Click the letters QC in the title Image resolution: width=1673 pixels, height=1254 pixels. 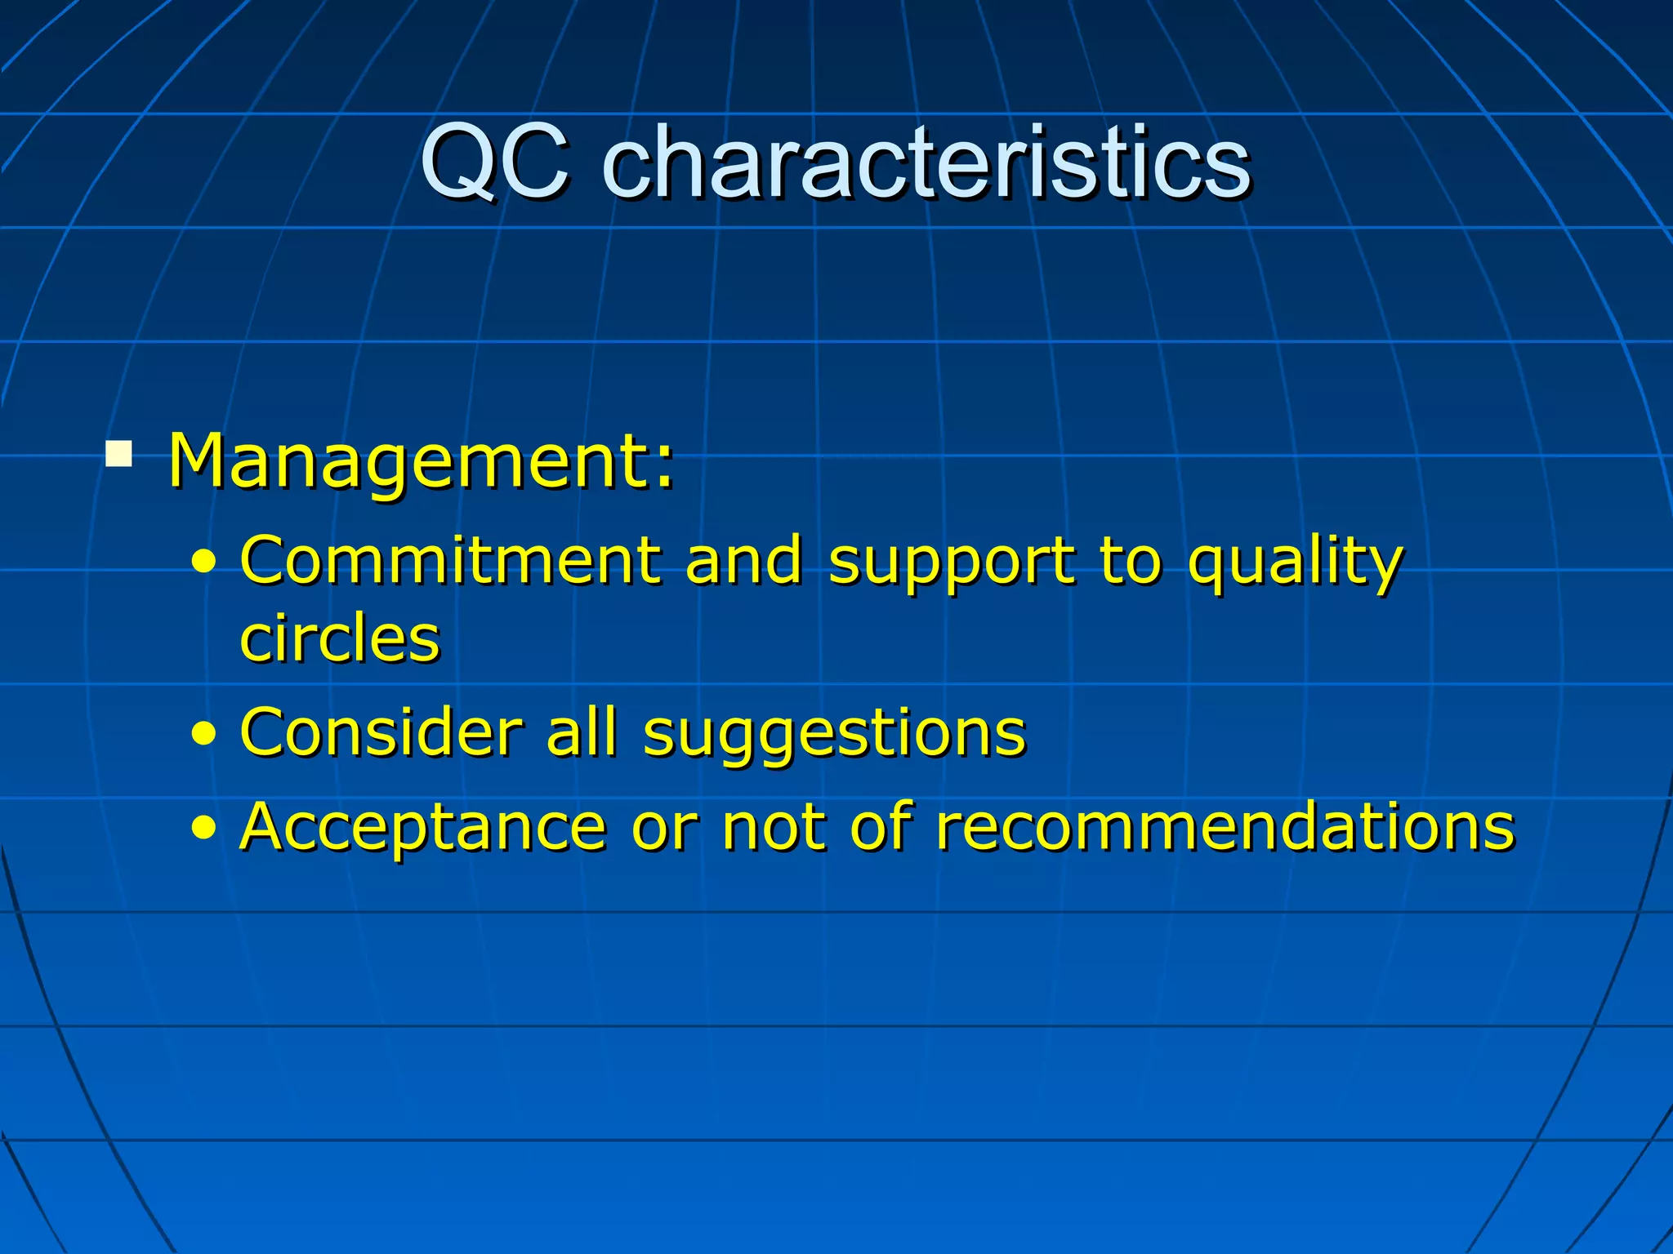[493, 163]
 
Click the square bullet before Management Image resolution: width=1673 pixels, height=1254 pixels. [119, 452]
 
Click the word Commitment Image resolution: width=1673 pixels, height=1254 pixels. [450, 561]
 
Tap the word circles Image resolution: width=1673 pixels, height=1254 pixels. [340, 638]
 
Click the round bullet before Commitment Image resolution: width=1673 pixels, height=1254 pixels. [204, 563]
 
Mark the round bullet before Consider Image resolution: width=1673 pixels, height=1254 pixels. [204, 734]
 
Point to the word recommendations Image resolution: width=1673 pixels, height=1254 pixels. [1225, 827]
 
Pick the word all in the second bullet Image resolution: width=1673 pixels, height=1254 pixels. [581, 732]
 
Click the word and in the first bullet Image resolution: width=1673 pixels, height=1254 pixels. [743, 561]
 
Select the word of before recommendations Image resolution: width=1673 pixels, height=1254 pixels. [881, 827]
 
